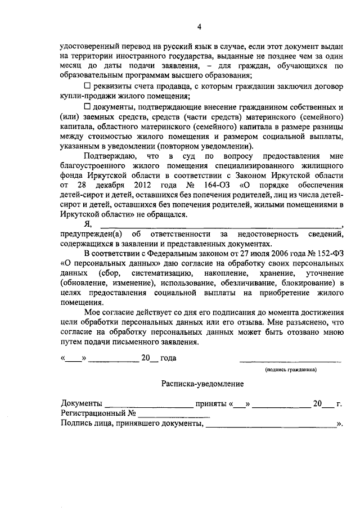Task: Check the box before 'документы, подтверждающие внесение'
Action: (x=87, y=106)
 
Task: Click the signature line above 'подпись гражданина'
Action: (x=291, y=360)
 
